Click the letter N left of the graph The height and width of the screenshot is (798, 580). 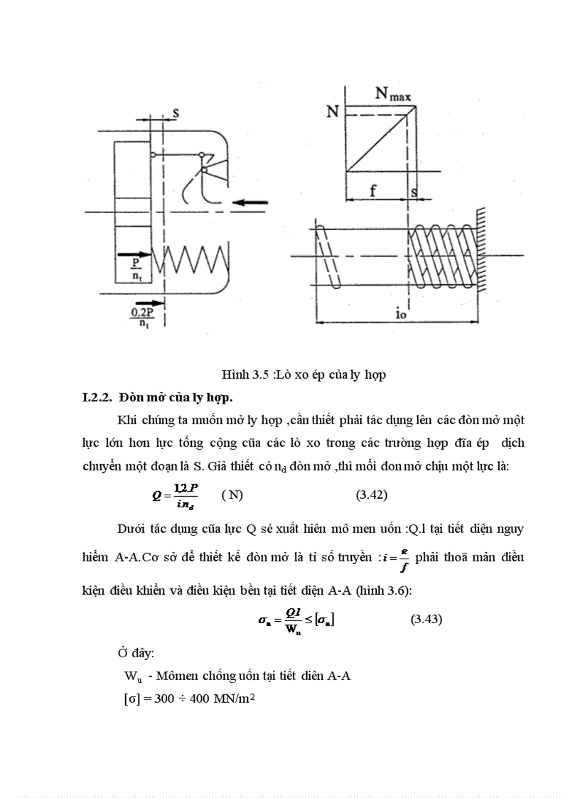(x=332, y=112)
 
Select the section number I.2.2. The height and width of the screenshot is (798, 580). (x=97, y=395)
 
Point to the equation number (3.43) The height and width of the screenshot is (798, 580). (x=426, y=619)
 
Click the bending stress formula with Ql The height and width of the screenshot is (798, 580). (x=296, y=620)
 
